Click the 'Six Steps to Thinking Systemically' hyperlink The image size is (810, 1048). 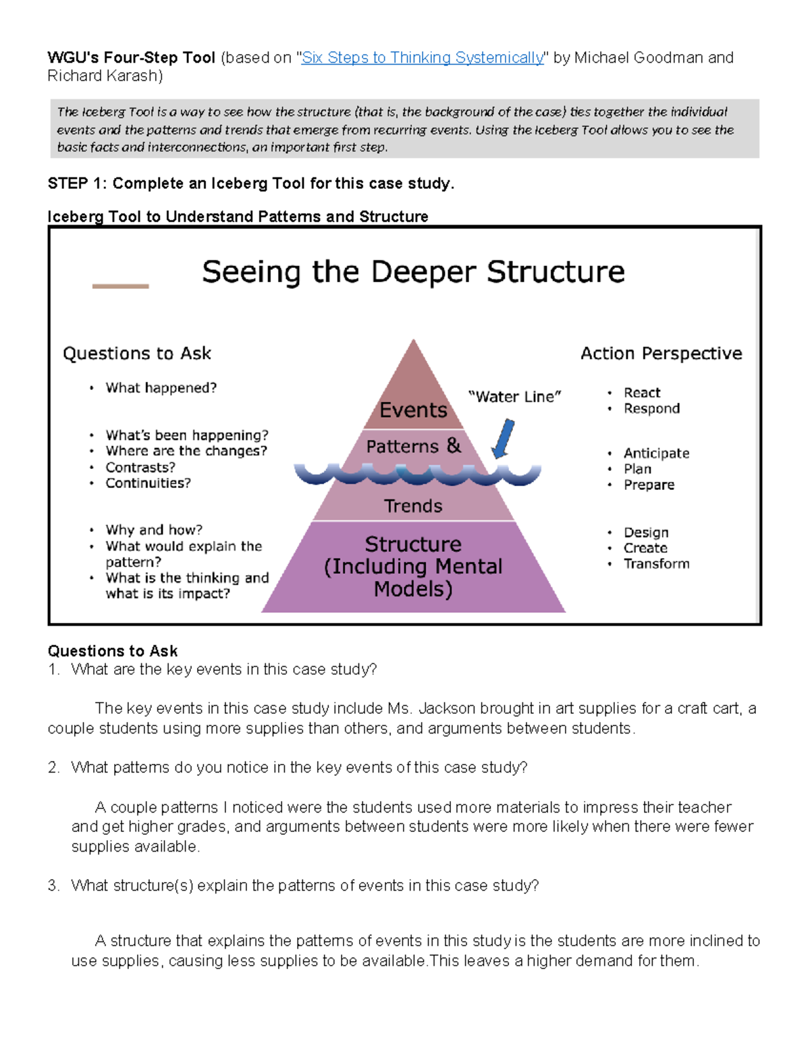point(423,58)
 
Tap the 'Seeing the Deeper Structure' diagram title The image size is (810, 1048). point(413,272)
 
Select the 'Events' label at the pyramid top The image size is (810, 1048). point(413,410)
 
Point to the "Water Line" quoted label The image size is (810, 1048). point(515,397)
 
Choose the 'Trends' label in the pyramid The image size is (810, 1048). point(413,506)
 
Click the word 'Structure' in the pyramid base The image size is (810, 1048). point(413,544)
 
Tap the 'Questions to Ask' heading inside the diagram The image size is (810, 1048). point(137,354)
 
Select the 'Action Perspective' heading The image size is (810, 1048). point(661,354)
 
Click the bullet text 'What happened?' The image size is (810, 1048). point(161,388)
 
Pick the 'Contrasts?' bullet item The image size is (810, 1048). point(140,468)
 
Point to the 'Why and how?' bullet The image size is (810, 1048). point(154,530)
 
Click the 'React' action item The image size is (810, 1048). point(642,393)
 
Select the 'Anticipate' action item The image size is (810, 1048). point(656,453)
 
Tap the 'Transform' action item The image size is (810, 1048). point(656,564)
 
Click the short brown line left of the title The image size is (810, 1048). point(120,286)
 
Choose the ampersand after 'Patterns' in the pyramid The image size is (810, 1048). point(454,445)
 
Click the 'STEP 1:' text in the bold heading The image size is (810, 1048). point(78,184)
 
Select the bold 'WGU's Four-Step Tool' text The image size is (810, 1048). point(131,58)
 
